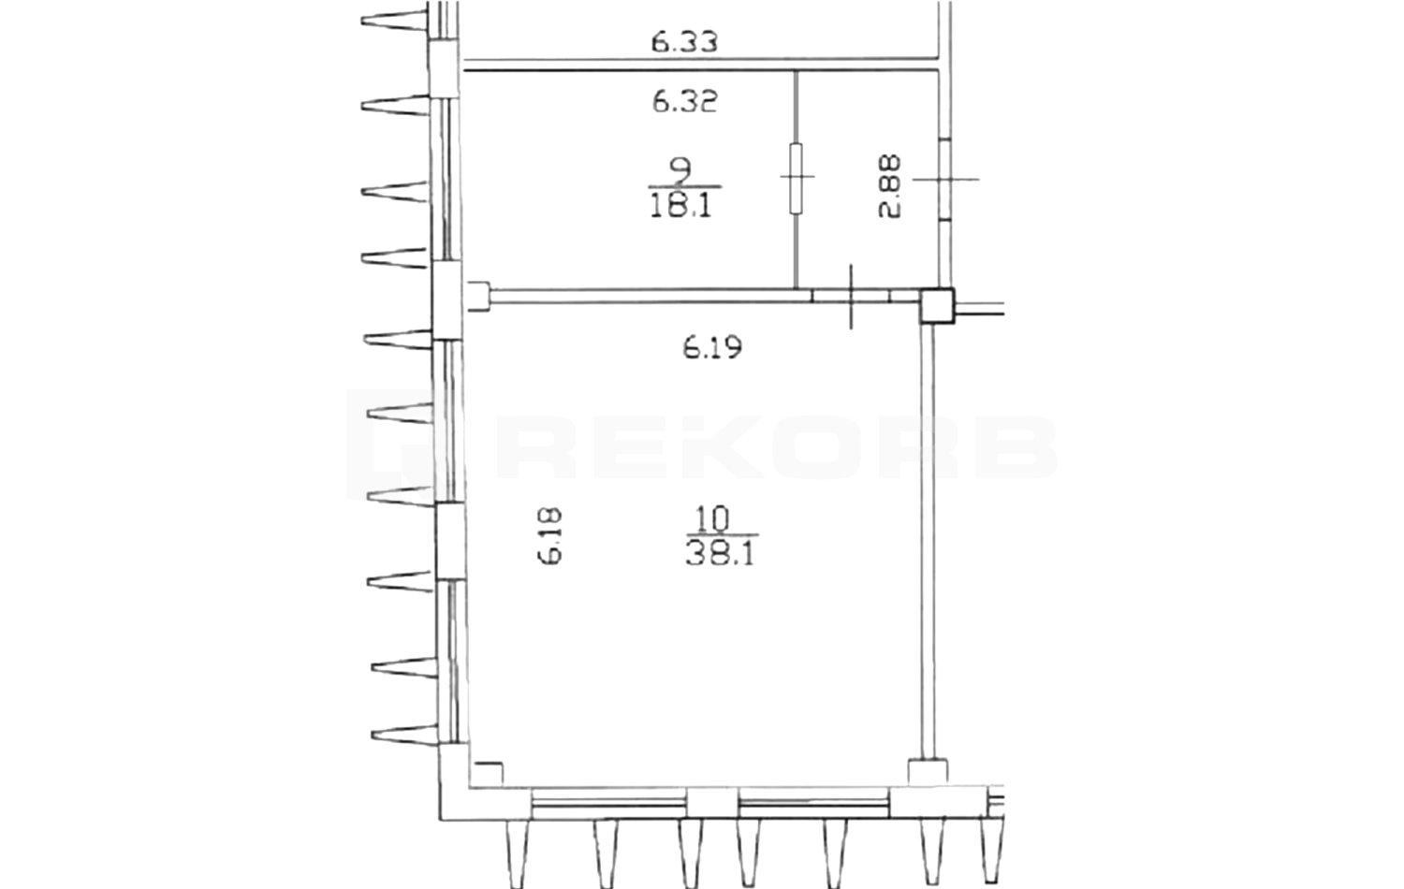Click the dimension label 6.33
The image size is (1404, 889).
(x=684, y=43)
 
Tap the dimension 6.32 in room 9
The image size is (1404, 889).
(x=684, y=101)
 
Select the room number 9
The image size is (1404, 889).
(x=680, y=170)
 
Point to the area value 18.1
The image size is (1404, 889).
(x=680, y=205)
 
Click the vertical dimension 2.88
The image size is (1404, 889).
(x=889, y=186)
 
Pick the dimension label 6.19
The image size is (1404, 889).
(x=712, y=347)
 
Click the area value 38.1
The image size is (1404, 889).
(x=719, y=554)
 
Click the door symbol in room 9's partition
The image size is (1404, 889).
(x=796, y=178)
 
